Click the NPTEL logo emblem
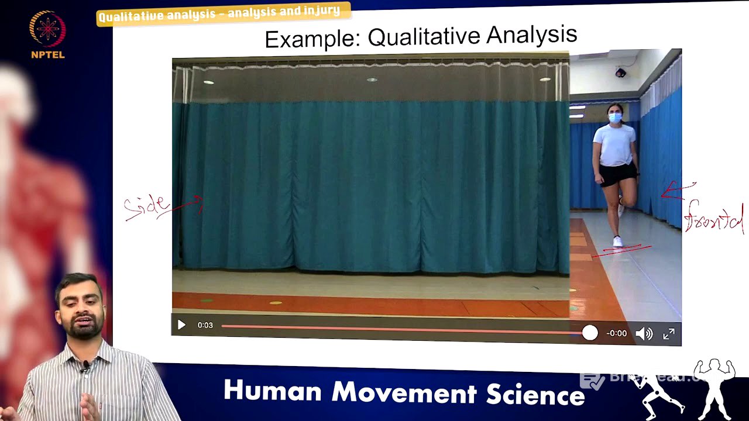coord(47,29)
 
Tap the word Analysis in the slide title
coord(531,35)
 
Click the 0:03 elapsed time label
coord(205,325)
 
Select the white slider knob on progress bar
coord(590,333)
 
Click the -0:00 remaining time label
coord(616,333)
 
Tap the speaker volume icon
coord(644,334)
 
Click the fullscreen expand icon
coord(669,334)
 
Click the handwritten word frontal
coord(714,218)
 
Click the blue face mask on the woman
coord(614,118)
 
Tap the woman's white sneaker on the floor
coord(617,241)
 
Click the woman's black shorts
coord(617,174)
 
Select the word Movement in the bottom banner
coord(403,392)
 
